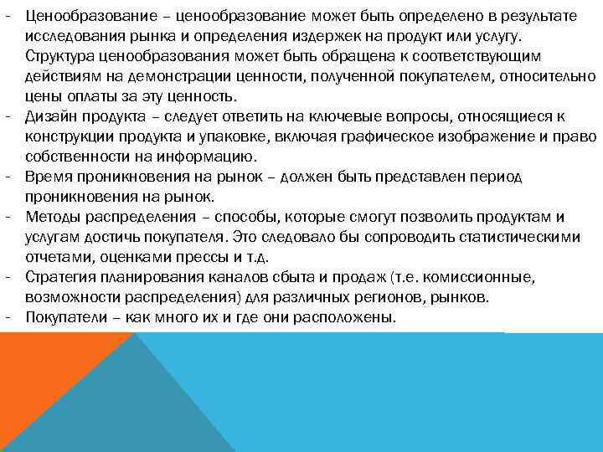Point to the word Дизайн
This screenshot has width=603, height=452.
49,116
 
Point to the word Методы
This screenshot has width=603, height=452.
49,217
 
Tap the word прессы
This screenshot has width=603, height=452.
192,257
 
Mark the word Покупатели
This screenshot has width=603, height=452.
63,317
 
